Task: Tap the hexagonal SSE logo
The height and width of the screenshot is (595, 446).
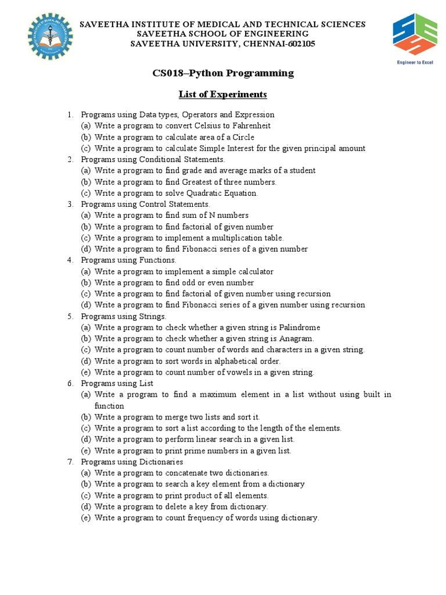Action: (414, 34)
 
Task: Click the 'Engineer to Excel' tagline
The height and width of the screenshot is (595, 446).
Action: (415, 62)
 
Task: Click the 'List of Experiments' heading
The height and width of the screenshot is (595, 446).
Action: (222, 94)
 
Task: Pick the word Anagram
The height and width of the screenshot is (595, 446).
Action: (296, 339)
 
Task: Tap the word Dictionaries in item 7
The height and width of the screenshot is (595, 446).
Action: (161, 462)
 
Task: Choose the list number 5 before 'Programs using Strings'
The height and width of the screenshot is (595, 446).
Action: (70, 317)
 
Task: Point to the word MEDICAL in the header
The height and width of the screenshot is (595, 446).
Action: (214, 24)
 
